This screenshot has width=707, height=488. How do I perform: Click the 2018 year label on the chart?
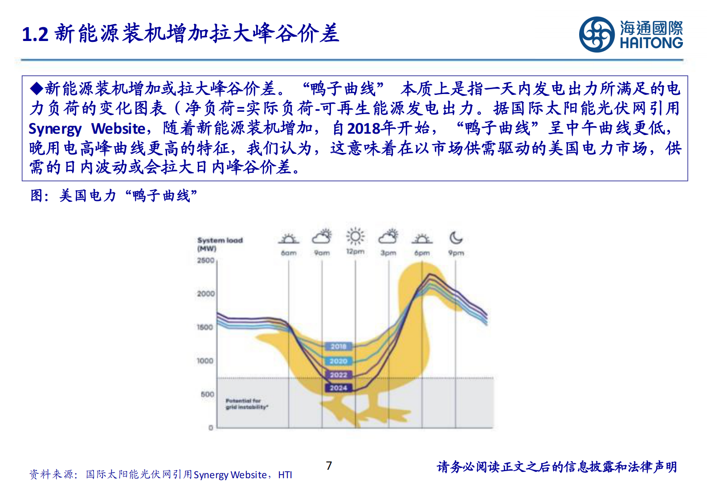point(339,346)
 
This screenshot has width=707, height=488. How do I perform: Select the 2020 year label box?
point(339,361)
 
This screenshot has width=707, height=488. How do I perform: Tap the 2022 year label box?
point(339,375)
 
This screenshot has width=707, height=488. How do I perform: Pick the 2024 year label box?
point(339,388)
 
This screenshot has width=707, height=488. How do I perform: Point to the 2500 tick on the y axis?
point(206,260)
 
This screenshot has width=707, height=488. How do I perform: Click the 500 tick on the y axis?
point(208,394)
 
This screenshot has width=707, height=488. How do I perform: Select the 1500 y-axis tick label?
point(205,327)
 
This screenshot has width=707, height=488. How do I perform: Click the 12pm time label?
point(355,252)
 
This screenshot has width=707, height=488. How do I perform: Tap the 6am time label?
point(289,253)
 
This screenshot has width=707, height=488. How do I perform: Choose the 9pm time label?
point(456,253)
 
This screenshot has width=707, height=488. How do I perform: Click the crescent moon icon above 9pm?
point(456,238)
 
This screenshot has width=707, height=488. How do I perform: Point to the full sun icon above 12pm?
point(355,236)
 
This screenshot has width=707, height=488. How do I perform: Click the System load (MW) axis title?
point(220,244)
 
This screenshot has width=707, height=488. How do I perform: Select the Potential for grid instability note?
point(246,404)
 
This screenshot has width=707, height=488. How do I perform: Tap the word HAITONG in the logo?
point(651,43)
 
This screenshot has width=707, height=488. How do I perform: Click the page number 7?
point(329,466)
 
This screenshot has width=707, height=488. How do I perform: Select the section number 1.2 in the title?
point(35,35)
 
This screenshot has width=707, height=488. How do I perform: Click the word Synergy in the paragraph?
point(55,129)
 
